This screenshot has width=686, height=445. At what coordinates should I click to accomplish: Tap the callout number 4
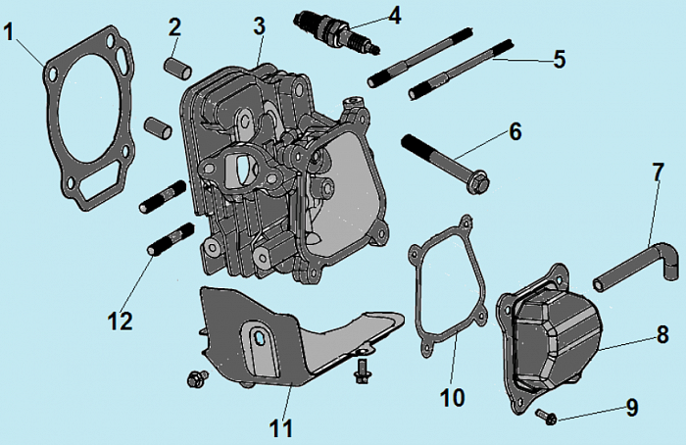[394, 15]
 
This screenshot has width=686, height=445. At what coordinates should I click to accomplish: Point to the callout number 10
[453, 397]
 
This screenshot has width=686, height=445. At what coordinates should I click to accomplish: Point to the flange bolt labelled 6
[446, 162]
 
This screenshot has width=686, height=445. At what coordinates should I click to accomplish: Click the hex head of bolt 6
[479, 182]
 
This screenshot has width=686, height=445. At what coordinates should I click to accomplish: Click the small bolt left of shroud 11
[196, 377]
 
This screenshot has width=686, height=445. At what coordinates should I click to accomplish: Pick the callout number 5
[559, 59]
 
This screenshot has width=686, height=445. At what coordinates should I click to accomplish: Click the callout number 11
[281, 427]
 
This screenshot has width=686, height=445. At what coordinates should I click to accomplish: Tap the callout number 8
[662, 334]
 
